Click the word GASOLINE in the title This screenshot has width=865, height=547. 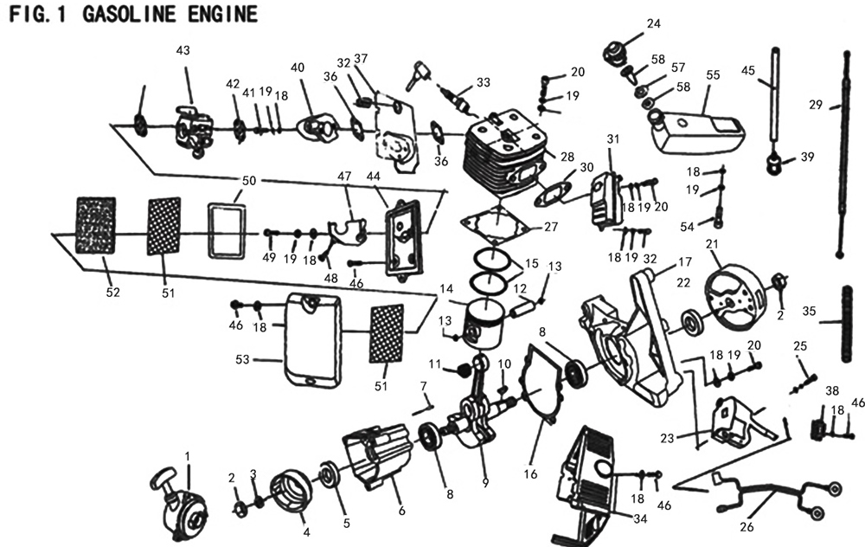[126, 15]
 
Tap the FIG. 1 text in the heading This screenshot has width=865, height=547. [38, 15]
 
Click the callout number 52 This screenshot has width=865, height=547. [113, 293]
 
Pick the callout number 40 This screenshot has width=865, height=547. [297, 68]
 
